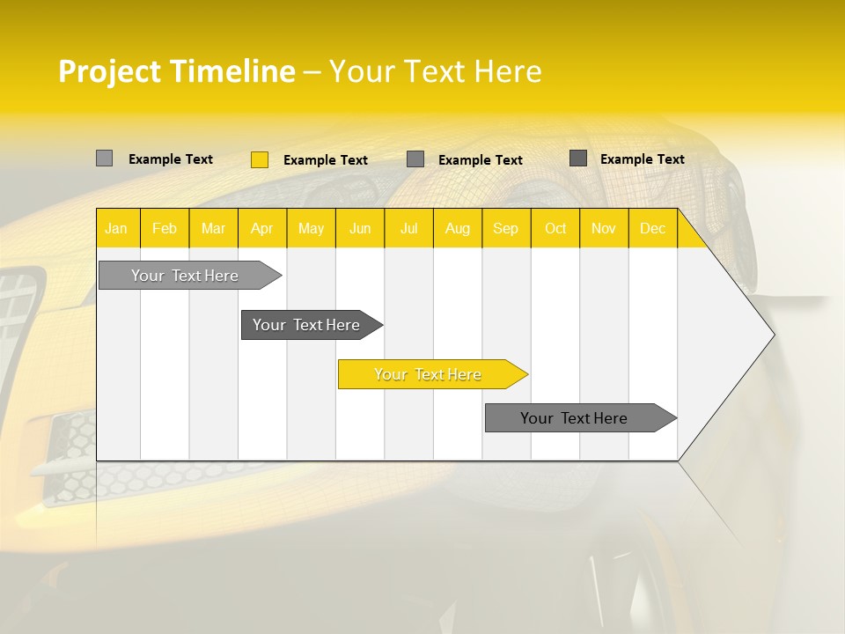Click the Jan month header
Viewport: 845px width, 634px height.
(x=116, y=229)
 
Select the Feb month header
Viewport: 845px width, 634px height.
(x=165, y=229)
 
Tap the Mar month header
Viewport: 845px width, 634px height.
(x=213, y=229)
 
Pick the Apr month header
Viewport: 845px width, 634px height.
(x=261, y=229)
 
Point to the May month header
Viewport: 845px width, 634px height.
(x=311, y=229)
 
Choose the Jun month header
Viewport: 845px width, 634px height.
(x=360, y=229)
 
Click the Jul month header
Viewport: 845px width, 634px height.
(x=408, y=229)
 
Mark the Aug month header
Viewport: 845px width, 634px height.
(x=457, y=229)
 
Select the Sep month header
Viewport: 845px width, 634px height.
(x=505, y=229)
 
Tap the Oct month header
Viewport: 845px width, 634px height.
(x=555, y=229)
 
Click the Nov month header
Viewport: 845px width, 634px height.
(x=604, y=229)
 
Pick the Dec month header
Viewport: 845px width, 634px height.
(x=652, y=229)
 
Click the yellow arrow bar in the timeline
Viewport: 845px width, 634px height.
(x=429, y=374)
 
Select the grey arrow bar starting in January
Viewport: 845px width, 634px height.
(x=186, y=276)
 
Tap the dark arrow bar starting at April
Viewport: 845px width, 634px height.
(x=307, y=325)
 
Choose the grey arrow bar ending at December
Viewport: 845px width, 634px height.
(x=575, y=418)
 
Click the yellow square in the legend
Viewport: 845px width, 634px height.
(x=260, y=159)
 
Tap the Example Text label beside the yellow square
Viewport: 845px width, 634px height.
(x=326, y=160)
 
